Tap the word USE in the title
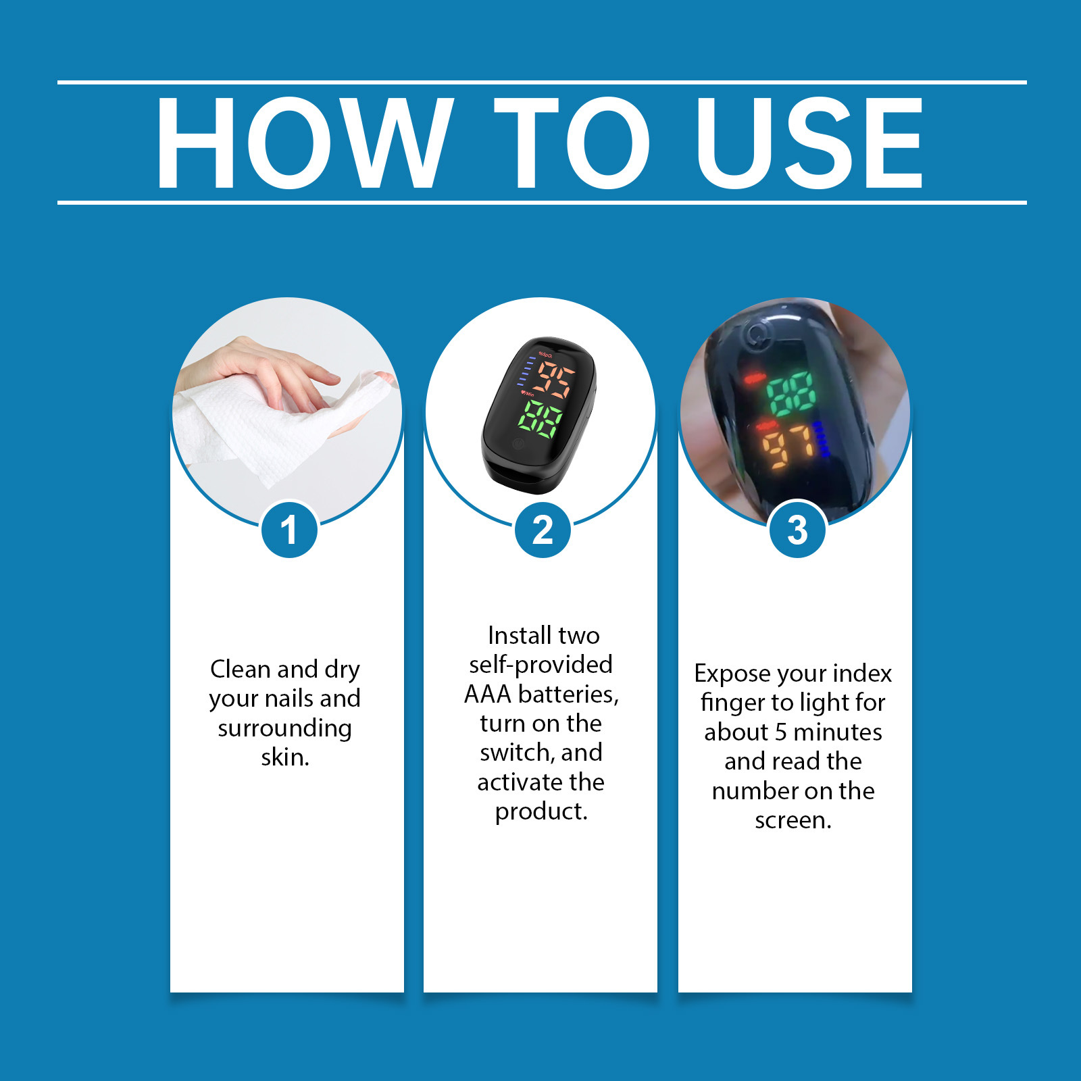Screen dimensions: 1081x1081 tap(809, 143)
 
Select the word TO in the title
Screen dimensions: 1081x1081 tap(572, 143)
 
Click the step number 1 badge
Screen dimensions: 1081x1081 tap(289, 529)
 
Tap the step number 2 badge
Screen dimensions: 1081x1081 tap(543, 529)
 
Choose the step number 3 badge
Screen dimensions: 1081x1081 tap(797, 529)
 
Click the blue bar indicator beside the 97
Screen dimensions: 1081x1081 tap(822, 439)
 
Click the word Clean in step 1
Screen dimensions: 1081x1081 tap(241, 669)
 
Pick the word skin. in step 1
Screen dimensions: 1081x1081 tap(285, 757)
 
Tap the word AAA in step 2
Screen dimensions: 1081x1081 tap(487, 694)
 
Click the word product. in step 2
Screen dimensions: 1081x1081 tap(541, 811)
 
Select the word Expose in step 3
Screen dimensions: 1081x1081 tap(732, 674)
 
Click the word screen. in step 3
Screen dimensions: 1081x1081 tap(793, 820)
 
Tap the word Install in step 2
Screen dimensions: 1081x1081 tap(519, 635)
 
